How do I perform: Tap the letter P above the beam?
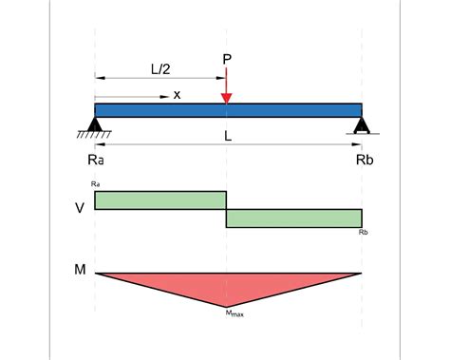coord(227,60)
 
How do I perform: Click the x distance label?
coord(177,94)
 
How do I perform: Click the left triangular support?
coord(95,123)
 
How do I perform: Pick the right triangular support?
coord(361,123)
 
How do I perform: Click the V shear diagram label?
coord(80,206)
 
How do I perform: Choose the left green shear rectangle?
coord(160,199)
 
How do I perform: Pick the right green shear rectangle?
coord(294,218)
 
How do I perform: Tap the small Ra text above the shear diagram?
coord(96,183)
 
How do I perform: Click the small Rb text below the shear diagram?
coord(365,232)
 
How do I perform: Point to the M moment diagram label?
coord(80,271)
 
